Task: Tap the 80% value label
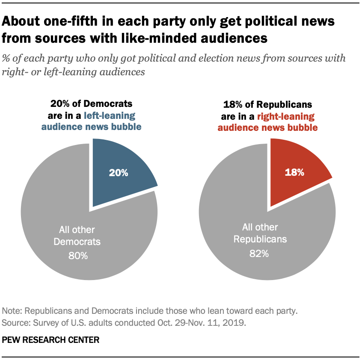click(78, 256)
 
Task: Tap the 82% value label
click(259, 253)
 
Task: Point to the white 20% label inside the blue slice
click(118, 173)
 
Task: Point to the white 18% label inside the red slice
click(294, 172)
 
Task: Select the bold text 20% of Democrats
click(91, 103)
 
